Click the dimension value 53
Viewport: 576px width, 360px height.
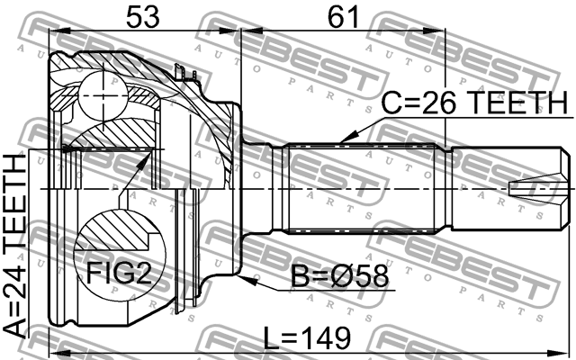pyautogui.click(x=143, y=17)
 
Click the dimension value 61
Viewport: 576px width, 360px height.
pyautogui.click(x=344, y=17)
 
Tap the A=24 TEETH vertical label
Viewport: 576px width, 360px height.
pyautogui.click(x=14, y=246)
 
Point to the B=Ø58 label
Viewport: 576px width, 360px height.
pyautogui.click(x=339, y=276)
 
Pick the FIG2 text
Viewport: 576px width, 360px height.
pyautogui.click(x=119, y=273)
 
